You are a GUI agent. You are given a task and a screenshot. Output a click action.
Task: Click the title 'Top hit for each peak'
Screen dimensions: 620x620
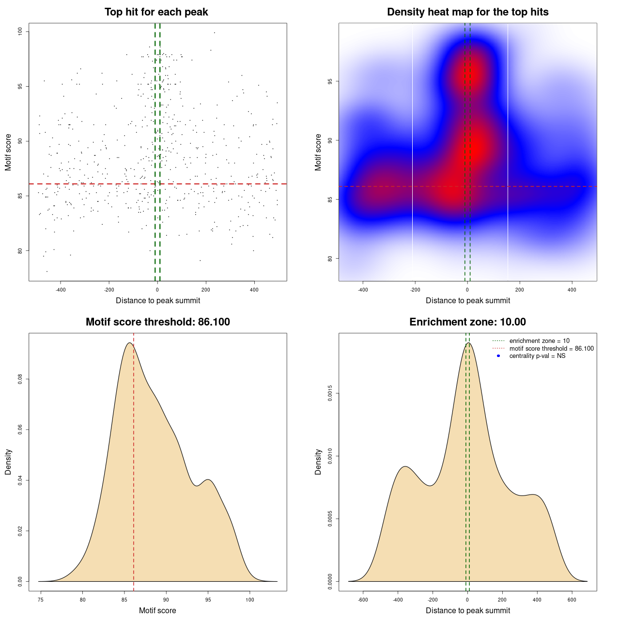156,12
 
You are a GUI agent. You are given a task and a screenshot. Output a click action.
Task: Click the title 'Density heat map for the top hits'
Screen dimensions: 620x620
467,12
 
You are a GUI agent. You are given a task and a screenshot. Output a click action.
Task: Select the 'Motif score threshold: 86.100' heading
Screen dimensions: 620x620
157,322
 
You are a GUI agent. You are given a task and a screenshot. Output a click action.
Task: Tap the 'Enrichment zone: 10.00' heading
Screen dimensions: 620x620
467,322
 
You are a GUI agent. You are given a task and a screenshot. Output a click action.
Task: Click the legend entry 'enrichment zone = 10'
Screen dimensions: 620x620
539,341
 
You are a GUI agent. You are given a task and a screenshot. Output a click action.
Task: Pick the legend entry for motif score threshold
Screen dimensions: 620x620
551,349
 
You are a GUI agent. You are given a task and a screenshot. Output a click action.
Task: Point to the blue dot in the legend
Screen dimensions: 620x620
498,356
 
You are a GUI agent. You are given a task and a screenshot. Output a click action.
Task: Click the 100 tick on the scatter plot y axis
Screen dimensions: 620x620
20,31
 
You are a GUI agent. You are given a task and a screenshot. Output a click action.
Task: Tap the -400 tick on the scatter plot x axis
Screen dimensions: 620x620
61,290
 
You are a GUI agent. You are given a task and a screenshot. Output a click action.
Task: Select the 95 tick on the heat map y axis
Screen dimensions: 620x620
330,81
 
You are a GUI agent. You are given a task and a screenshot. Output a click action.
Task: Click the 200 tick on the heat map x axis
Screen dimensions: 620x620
520,290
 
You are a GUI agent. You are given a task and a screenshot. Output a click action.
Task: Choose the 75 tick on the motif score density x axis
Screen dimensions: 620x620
41,600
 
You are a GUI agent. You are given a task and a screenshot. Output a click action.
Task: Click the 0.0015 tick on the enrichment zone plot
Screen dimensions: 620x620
330,393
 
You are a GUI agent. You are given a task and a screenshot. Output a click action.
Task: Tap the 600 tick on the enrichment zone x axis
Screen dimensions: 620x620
572,600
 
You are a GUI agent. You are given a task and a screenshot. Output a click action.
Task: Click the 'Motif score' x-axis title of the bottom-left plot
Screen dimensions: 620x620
157,611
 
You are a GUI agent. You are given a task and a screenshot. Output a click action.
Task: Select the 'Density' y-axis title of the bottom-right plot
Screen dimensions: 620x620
318,462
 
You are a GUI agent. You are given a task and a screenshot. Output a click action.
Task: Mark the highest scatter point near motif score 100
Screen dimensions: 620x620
214,32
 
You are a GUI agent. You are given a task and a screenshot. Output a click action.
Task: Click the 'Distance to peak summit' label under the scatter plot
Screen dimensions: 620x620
158,301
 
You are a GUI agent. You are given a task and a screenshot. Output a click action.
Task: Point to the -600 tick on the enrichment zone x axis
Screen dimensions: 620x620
363,600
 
